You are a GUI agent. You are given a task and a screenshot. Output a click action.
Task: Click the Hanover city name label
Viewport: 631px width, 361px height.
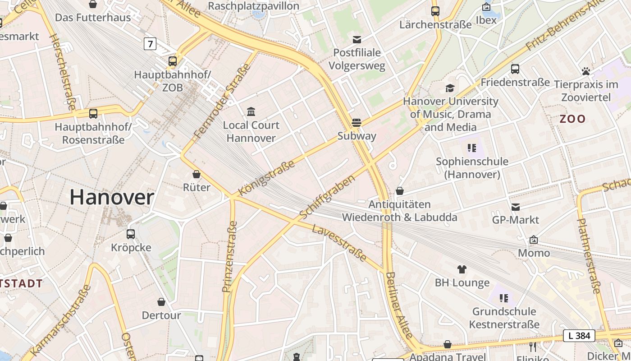[x=112, y=198]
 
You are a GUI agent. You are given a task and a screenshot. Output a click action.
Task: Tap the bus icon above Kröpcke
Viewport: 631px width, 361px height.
[x=131, y=234]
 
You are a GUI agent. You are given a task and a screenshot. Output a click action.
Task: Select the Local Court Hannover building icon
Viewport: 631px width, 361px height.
[x=251, y=111]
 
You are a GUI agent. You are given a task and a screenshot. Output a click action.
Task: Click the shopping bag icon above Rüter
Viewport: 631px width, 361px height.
[x=197, y=174]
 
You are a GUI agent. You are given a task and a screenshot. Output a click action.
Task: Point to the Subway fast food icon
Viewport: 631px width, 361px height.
[x=357, y=122]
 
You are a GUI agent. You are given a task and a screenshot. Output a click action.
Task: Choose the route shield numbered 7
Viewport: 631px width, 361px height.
[x=150, y=44]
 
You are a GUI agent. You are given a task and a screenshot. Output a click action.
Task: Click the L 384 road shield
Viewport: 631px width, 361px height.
[x=579, y=336]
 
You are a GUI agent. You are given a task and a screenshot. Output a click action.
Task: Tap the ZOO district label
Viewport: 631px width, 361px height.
[x=572, y=119]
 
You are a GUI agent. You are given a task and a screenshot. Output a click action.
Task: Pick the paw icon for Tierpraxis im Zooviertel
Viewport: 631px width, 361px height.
[x=586, y=71]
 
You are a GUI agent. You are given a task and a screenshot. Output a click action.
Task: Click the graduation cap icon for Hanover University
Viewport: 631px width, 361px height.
[x=450, y=88]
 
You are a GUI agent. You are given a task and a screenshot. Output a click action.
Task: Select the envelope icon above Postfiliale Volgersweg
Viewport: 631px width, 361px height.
[x=357, y=39]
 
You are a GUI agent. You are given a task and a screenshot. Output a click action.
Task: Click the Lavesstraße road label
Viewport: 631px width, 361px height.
[x=339, y=243]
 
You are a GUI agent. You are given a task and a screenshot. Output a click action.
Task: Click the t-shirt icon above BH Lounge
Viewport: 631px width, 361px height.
[x=462, y=269]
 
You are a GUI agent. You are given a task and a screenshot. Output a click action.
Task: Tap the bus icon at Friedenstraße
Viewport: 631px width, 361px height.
[x=515, y=69]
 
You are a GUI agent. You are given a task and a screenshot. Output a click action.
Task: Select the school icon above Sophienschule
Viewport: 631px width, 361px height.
[x=472, y=148]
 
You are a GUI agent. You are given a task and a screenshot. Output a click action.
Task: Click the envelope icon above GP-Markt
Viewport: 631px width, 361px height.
[x=516, y=207]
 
